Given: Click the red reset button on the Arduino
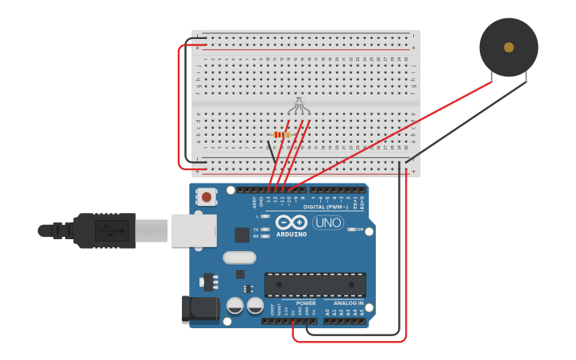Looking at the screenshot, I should click(x=207, y=196).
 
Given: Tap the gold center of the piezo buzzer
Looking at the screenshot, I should click(x=508, y=48).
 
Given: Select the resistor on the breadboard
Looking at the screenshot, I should click(x=280, y=135).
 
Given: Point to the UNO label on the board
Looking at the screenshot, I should click(x=328, y=223).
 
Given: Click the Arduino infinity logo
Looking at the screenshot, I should click(x=292, y=223).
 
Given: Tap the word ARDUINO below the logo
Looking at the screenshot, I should click(x=292, y=234).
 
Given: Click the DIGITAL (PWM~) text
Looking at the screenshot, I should click(x=326, y=207).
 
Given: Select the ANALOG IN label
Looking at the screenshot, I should click(x=349, y=303).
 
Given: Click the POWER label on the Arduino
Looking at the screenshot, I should click(x=306, y=303).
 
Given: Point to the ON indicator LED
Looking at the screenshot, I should click(x=351, y=230).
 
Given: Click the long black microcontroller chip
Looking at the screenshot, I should click(x=315, y=285).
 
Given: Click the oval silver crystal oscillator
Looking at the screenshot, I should click(x=239, y=257).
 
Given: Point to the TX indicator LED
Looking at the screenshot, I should click(x=265, y=228).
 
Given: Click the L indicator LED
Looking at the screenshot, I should click(x=265, y=216).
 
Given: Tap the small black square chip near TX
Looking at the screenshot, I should click(x=242, y=234).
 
